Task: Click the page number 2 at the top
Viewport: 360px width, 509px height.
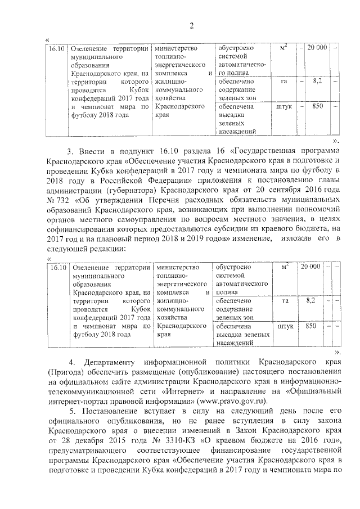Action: coord(191,25)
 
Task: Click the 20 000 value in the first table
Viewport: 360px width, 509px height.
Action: coord(317,48)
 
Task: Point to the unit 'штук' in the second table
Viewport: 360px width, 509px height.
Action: coord(285,326)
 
